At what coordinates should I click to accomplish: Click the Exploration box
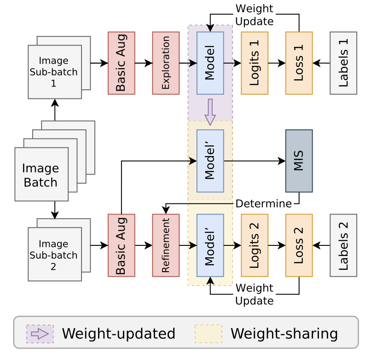click(166, 63)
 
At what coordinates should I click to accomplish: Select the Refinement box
click(166, 245)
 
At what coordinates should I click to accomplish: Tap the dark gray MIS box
click(299, 161)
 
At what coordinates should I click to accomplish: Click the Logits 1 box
click(254, 63)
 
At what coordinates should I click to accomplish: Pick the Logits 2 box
click(254, 245)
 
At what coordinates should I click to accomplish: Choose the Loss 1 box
click(299, 63)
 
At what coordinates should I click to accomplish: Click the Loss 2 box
click(299, 245)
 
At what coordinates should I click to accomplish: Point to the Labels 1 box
click(343, 63)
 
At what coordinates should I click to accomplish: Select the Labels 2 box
click(343, 245)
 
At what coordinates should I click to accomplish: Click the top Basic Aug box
click(122, 63)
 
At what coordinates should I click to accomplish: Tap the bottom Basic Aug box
click(122, 245)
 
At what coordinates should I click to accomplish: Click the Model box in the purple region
click(210, 63)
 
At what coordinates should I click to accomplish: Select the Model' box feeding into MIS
click(210, 161)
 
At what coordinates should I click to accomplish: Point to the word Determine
click(263, 203)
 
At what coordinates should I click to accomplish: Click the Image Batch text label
click(41, 175)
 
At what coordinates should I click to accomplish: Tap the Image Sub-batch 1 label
click(53, 71)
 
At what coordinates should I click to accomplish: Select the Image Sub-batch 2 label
click(53, 255)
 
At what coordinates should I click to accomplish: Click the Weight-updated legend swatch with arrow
click(40, 333)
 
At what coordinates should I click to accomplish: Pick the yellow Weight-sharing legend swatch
click(209, 333)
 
